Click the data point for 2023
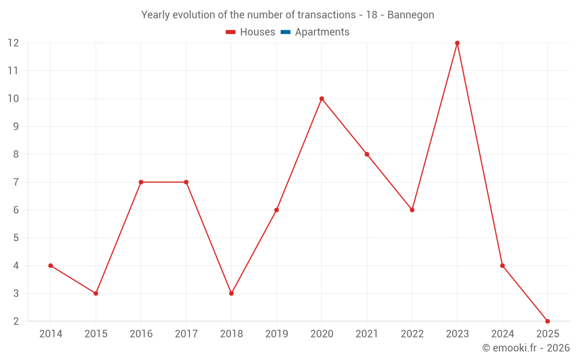coord(457,43)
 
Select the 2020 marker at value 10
coord(321,98)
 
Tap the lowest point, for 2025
coord(547,321)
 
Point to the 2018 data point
coord(232,293)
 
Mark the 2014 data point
coord(51,266)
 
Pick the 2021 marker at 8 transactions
coord(367,154)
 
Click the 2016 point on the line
coord(141,182)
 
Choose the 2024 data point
coord(502,266)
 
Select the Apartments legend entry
coord(321,32)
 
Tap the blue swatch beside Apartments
coord(286,32)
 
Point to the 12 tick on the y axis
coord(13,43)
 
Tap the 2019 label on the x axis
coord(276,334)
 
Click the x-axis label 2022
coord(412,334)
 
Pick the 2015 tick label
coord(96,334)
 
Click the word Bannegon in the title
coord(411,14)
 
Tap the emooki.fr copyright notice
coord(525,348)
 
